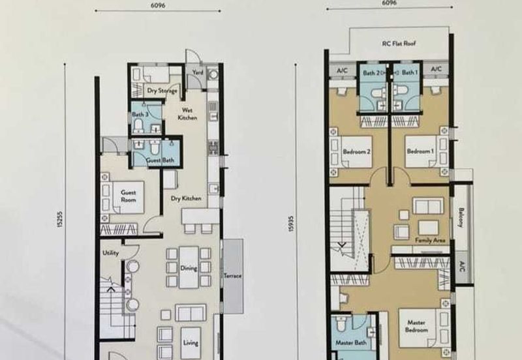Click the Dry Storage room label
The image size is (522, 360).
pos(162,91)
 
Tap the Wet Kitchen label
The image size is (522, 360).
pos(187,113)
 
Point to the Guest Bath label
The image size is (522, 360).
pos(160,160)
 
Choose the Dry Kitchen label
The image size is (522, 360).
pos(186,198)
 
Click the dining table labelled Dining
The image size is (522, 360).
pos(189,267)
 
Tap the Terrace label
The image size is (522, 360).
pos(233,275)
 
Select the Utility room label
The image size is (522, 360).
pos(110,253)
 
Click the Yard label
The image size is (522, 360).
pos(198,72)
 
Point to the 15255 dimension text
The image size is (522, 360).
pos(59,220)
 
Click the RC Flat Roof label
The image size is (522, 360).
pos(399,43)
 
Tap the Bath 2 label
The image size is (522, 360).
pos(371,72)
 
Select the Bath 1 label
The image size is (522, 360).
pos(410,72)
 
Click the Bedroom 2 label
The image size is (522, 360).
pos(356,152)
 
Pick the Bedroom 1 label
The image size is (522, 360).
pos(420,151)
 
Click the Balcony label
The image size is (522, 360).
pos(461,218)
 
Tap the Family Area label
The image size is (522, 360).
pos(430,240)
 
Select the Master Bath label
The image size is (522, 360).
pos(351,342)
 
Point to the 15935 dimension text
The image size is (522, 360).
pos(291,224)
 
